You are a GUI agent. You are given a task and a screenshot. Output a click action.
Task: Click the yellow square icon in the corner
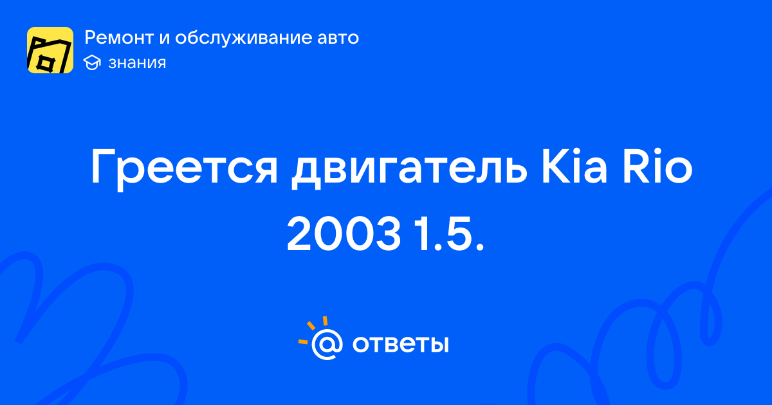50,50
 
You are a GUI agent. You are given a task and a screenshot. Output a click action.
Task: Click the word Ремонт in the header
119,37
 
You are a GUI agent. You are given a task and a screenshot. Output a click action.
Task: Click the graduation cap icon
92,63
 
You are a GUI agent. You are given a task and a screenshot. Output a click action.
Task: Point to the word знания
137,63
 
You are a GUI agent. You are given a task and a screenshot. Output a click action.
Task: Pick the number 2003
344,233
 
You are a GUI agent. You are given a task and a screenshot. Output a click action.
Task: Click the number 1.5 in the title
449,233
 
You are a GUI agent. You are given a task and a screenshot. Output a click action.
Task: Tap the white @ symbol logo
327,345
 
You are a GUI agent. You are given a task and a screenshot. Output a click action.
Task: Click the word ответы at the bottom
400,344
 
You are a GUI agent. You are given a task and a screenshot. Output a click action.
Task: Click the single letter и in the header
165,38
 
